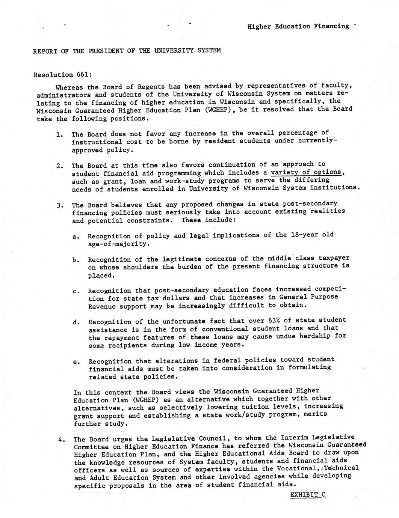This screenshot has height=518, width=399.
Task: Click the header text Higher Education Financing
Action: [x=298, y=26]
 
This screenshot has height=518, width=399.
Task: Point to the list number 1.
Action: [x=59, y=134]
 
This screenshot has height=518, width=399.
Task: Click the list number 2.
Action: [x=59, y=166]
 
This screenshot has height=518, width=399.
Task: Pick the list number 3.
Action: [x=59, y=205]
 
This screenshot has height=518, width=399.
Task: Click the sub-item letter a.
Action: [x=76, y=236]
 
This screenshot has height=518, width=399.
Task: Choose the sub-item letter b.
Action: [x=76, y=260]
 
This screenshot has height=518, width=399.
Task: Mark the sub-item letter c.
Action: [x=76, y=291]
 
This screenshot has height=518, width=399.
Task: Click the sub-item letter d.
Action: [x=76, y=322]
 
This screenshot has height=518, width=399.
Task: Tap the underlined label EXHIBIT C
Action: [x=307, y=495]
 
